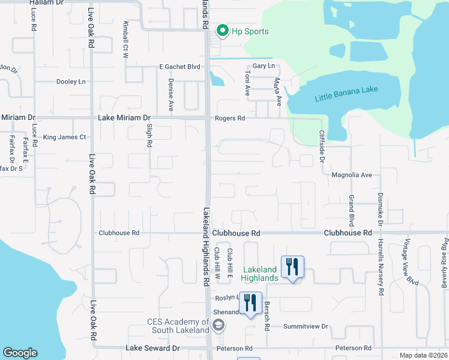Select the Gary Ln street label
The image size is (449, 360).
[264, 65]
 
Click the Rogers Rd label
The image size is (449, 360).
[230, 119]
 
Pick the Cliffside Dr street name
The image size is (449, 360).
[322, 148]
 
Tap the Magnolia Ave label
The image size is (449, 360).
[352, 175]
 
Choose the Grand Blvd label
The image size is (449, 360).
[352, 206]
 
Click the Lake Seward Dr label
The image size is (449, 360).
[152, 348]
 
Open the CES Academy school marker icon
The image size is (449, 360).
[218, 325]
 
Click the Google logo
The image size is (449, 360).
[20, 353]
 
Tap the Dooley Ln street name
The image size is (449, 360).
[71, 82]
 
